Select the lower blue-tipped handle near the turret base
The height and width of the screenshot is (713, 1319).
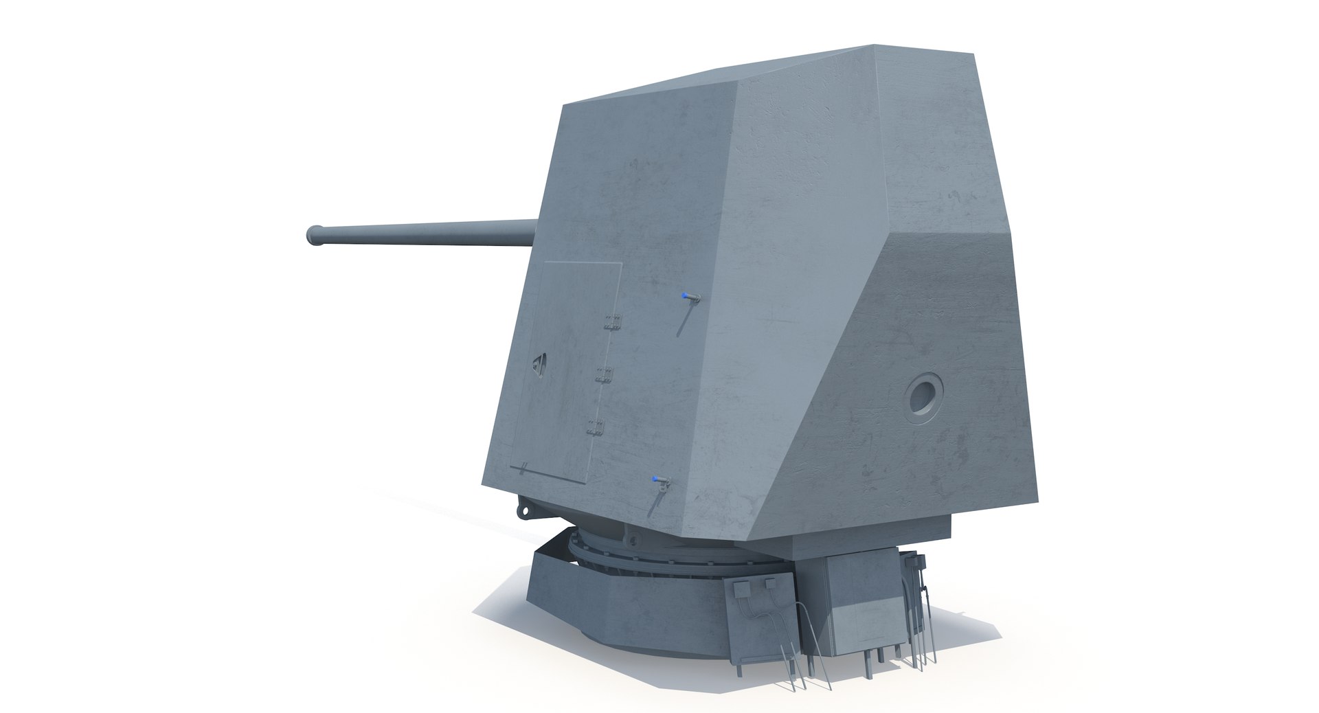point(659,479)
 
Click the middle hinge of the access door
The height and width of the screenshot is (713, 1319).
point(604,374)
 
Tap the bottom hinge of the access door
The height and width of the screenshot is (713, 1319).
point(596,427)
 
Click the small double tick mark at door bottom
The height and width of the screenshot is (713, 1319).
point(524,468)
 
